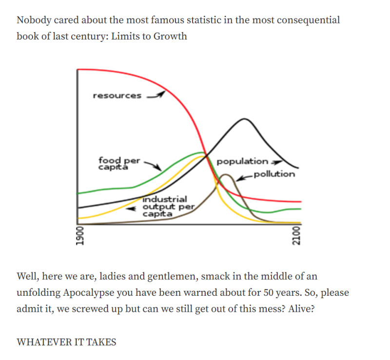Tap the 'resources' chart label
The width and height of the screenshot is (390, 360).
point(117,95)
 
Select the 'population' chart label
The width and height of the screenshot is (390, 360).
point(242,161)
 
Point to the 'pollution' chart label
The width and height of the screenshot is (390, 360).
point(274,174)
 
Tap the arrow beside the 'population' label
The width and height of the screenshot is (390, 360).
point(276,162)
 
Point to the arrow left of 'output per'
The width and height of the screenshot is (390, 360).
point(131,207)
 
